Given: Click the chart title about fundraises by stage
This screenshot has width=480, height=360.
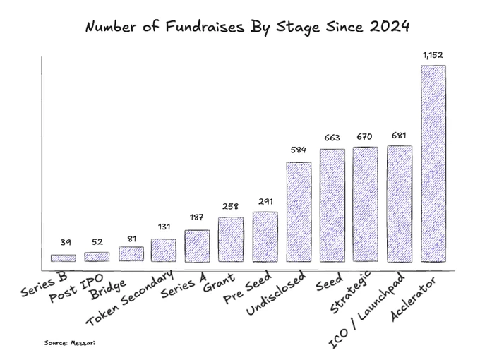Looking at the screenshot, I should click(x=246, y=28).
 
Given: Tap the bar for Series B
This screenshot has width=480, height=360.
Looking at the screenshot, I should click(x=63, y=258).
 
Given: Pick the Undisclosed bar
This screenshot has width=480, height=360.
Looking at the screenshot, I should click(x=298, y=212).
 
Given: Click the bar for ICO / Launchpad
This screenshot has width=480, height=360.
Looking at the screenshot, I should click(x=400, y=204).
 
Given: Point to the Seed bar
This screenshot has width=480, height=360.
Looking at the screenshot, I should click(x=332, y=205).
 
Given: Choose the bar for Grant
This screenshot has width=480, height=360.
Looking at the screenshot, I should click(x=231, y=240).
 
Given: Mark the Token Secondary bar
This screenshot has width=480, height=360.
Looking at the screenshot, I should click(x=163, y=251).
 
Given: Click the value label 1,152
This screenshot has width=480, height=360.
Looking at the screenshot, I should click(x=433, y=55).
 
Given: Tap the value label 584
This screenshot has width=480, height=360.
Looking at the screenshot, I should click(x=298, y=150).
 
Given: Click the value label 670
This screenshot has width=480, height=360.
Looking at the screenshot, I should click(x=366, y=136).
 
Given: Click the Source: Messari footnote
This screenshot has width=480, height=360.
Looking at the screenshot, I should click(x=69, y=342).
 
